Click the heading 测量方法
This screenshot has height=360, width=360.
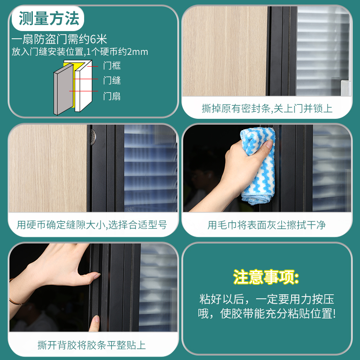(49, 18)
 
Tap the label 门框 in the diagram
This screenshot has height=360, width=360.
(112, 66)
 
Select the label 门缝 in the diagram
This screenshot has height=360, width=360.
(112, 81)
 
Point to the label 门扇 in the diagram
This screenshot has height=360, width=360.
(112, 96)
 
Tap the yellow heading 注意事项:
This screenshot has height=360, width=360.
(266, 277)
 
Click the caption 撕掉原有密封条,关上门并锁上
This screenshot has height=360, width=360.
(267, 108)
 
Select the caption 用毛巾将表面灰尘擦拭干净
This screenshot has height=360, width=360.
(267, 225)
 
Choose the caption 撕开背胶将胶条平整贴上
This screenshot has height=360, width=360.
(92, 345)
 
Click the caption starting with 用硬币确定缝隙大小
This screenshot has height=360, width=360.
(92, 225)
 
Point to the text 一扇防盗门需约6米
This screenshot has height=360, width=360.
(58, 40)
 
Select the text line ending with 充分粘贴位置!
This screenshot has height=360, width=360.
(266, 314)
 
